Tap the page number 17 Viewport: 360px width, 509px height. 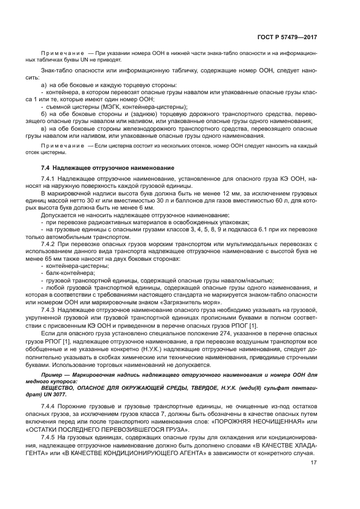pos(314,463)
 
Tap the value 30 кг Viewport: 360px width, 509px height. pos(100,200)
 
